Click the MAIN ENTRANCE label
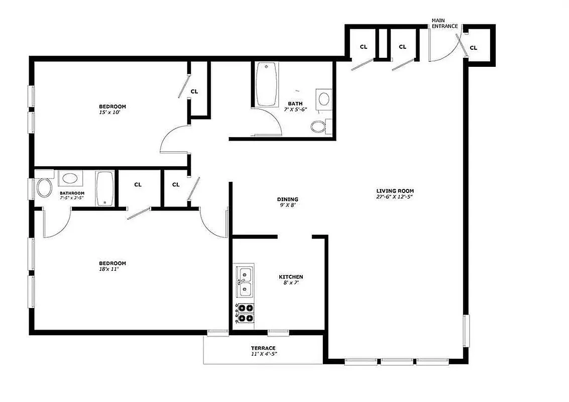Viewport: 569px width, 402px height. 444,23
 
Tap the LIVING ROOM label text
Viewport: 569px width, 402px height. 395,190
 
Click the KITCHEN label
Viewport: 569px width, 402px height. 291,277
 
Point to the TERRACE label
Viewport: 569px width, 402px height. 263,348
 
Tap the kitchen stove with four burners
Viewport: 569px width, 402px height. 245,313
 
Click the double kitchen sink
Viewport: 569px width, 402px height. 245,281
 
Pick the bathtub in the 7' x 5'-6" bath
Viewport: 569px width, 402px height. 266,84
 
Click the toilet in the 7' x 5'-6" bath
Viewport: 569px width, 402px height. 319,126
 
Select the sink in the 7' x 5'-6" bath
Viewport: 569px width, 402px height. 324,98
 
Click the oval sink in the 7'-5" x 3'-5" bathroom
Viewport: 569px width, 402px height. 69,178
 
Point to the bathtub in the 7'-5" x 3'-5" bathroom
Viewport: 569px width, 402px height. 105,188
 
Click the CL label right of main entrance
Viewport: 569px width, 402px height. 473,48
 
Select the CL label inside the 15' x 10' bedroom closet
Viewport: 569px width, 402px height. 194,91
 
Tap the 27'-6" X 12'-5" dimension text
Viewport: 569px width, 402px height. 395,197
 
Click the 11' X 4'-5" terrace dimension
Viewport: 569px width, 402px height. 263,354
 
